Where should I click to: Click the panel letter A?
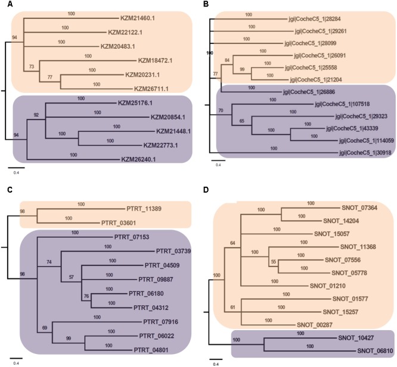point(4,5)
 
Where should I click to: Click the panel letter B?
point(206,5)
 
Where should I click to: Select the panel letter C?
point(4,189)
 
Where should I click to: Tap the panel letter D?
point(206,189)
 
